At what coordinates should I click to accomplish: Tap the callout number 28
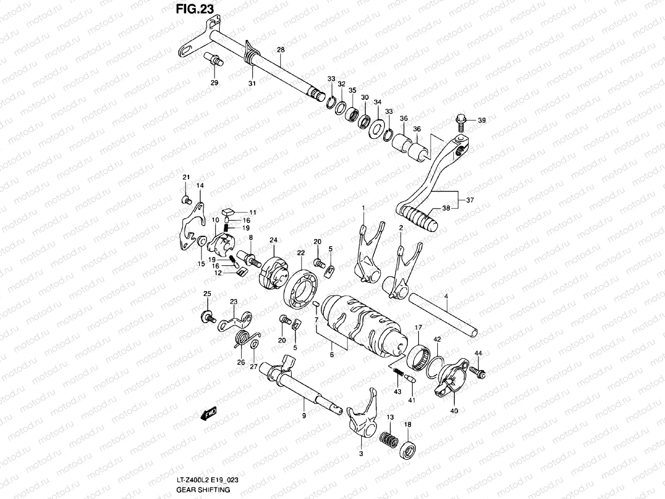click(x=281, y=50)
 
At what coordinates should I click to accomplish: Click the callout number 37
click(x=470, y=200)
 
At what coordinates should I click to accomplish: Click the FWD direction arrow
click(x=209, y=414)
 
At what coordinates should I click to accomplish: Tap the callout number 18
click(x=407, y=424)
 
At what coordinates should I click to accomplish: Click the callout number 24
click(x=273, y=240)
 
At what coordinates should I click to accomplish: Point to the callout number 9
click(x=304, y=415)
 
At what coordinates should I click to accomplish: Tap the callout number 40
click(x=454, y=410)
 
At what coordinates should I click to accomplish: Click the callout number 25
click(x=207, y=294)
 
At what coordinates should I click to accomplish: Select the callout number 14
click(x=200, y=186)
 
